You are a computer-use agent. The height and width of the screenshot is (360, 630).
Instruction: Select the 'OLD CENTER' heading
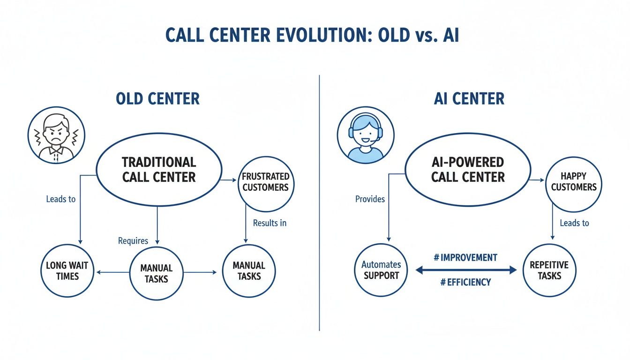(157, 99)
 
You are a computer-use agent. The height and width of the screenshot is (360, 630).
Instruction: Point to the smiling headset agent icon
(365, 135)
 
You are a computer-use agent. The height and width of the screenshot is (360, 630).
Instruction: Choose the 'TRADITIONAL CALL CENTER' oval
(159, 169)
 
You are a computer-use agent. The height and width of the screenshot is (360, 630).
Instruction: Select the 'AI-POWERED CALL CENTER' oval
(468, 169)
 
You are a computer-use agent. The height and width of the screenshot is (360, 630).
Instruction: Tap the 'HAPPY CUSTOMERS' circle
(574, 182)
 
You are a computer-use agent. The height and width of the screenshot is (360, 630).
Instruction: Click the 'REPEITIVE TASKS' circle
(549, 270)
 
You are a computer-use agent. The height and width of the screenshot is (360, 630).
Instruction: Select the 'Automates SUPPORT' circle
(381, 270)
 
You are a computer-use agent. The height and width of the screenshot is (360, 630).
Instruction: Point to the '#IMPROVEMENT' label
(465, 257)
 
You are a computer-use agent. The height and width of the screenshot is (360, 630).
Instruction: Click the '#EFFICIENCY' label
(465, 282)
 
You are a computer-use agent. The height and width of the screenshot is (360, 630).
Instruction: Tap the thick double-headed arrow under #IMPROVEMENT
(465, 270)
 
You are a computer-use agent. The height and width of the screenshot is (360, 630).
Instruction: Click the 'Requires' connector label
(133, 241)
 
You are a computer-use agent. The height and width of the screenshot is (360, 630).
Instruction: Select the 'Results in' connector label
(270, 223)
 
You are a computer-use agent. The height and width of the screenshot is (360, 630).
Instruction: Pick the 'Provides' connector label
(370, 199)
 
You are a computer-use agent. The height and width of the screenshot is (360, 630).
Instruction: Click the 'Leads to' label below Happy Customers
(574, 223)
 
